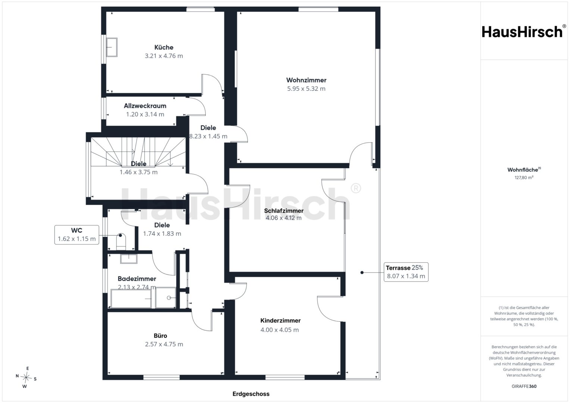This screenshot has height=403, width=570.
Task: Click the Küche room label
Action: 163,47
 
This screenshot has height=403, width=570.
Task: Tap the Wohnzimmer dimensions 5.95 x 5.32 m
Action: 306,88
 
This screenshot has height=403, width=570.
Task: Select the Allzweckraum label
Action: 145,106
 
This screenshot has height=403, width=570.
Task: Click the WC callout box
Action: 77,235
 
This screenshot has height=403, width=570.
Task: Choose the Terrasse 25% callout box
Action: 406,272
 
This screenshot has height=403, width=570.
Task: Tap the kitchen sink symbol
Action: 112,47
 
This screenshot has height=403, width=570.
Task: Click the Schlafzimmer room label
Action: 284,211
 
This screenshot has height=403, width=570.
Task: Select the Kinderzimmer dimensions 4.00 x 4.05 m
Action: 280,330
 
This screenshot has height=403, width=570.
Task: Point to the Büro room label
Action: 160,335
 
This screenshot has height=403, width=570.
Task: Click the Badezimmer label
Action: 137,279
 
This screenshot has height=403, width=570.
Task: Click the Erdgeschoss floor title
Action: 251,394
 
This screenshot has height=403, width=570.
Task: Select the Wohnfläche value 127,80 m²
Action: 524,177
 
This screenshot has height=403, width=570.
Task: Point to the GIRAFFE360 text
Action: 524,386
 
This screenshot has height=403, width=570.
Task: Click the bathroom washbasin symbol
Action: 128,259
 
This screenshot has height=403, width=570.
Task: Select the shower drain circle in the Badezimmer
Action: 169,298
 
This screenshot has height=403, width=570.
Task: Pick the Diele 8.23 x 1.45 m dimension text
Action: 208,136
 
